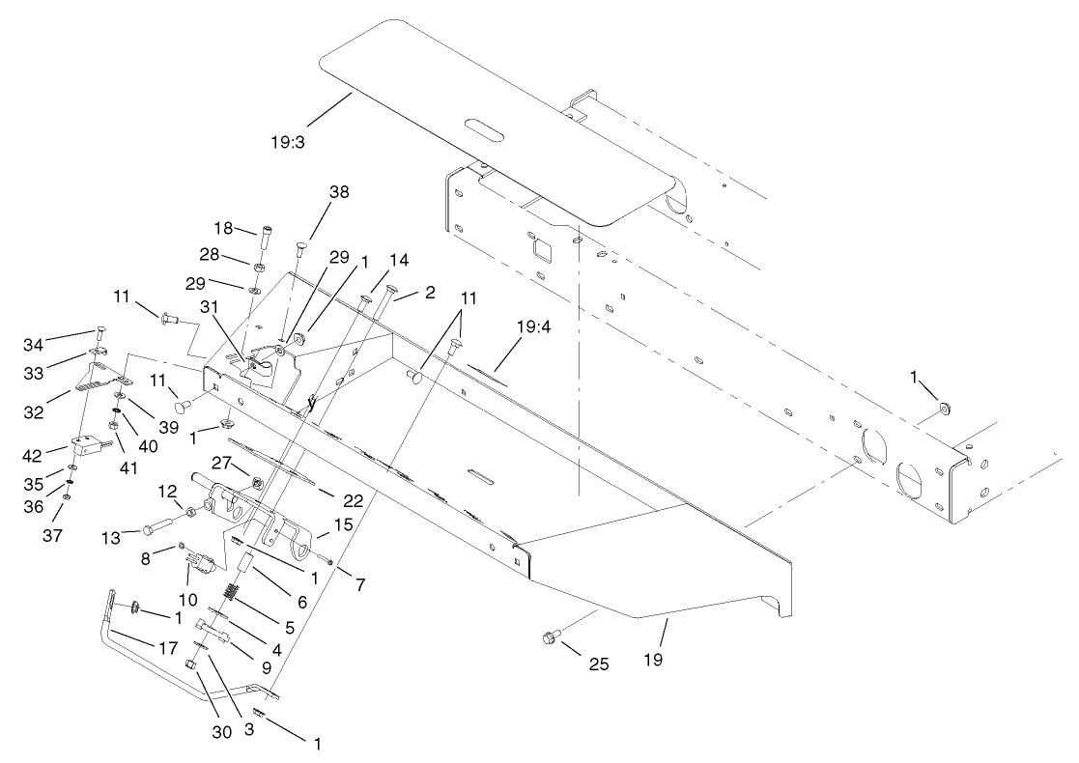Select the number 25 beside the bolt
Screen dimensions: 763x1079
tap(599, 664)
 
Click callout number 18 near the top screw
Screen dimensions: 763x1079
tap(224, 228)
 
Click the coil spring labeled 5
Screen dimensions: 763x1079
tap(233, 592)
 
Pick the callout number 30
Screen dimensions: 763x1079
tap(222, 732)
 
